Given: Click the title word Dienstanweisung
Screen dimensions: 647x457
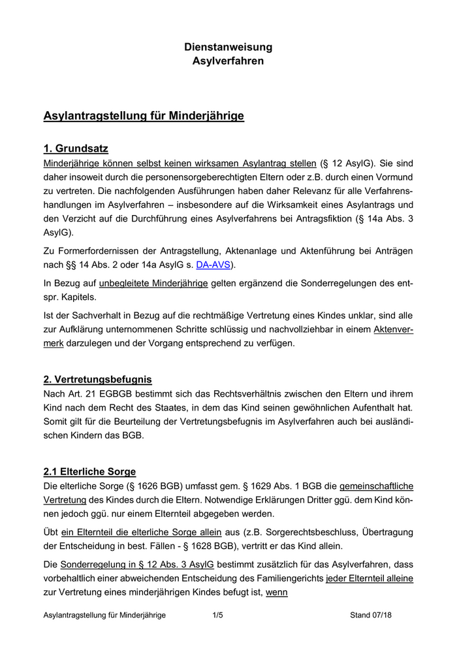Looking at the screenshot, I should [x=228, y=47].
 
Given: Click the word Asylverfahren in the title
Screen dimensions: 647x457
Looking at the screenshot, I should [x=228, y=61].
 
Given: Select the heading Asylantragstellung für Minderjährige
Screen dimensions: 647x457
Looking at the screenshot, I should [x=144, y=116].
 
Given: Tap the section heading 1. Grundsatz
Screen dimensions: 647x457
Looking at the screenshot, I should [x=76, y=148].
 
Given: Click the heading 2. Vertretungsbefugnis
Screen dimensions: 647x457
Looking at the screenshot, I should [x=97, y=379].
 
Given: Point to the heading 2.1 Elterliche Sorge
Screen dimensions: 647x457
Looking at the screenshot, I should [x=89, y=471].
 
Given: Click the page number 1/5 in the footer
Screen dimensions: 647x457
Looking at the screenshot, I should [x=218, y=615].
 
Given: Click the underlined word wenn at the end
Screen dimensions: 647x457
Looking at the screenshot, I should [x=277, y=593].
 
